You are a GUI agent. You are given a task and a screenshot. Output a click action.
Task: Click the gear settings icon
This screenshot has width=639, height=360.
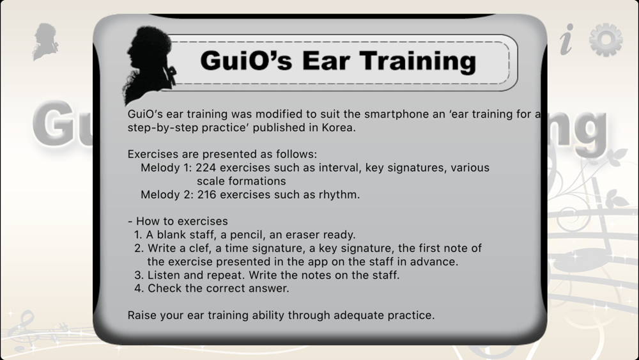tap(606, 40)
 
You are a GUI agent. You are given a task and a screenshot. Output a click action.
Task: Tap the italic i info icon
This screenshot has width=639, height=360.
tap(566, 39)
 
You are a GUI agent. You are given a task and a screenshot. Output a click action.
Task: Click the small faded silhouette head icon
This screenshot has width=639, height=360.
tap(45, 42)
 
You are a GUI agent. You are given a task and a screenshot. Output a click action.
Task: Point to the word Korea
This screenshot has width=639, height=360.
tap(339, 128)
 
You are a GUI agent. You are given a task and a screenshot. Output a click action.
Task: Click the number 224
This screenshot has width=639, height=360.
tap(206, 168)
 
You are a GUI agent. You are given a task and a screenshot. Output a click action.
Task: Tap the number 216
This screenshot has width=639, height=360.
tap(206, 194)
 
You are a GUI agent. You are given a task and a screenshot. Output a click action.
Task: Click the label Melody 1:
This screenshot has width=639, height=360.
tap(166, 168)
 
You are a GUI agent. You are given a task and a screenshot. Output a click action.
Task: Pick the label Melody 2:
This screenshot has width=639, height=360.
tap(167, 194)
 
